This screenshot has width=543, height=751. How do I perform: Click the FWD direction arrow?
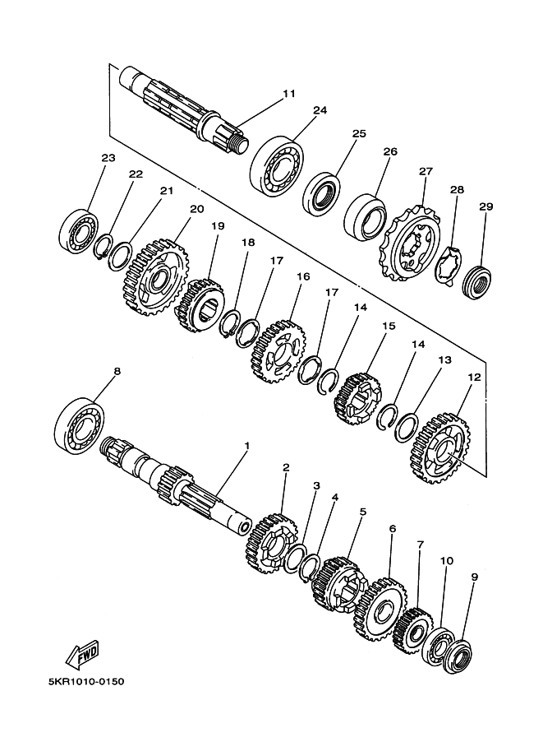point(82,653)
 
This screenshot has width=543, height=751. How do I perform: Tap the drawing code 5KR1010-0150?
point(86,680)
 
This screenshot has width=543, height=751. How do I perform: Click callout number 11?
point(289,93)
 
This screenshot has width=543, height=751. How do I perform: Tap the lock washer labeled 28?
point(449,267)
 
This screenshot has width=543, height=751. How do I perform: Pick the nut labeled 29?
point(477,282)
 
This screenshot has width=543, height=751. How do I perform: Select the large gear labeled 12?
point(440,447)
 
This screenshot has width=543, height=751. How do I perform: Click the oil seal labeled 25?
point(323,193)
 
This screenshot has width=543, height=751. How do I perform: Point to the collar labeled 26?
point(365,217)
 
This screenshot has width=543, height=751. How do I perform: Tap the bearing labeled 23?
point(79,231)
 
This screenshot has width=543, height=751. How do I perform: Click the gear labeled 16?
point(279,352)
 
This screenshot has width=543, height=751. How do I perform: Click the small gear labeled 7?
point(413,631)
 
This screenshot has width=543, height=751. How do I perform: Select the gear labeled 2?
point(272,543)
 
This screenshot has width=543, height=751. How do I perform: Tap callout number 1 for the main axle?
point(247,446)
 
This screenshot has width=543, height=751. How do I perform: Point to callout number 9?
point(474,577)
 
